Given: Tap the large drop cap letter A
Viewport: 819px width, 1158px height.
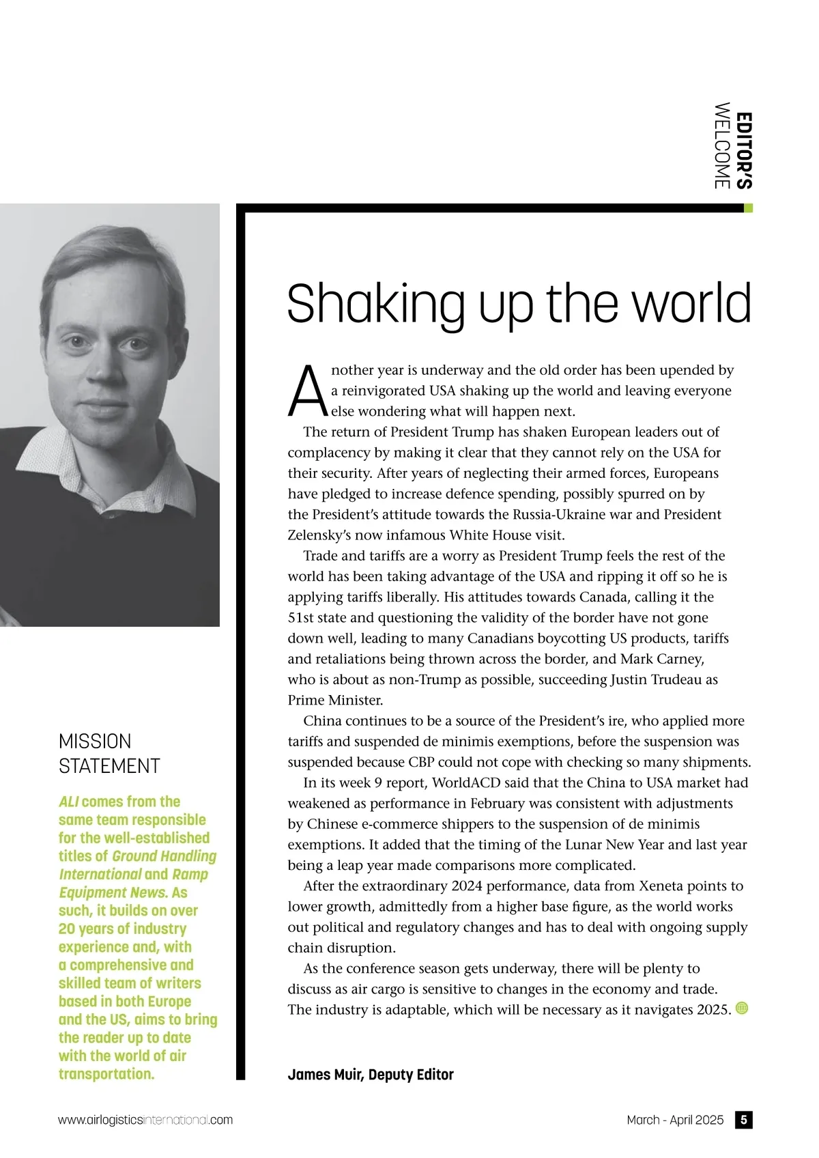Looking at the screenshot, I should tap(307, 391).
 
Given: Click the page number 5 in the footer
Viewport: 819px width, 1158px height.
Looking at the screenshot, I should tap(744, 1120).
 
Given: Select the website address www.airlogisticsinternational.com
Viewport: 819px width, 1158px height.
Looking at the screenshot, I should tap(145, 1120).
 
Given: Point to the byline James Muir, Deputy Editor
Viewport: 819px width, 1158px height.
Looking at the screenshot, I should tap(371, 1075).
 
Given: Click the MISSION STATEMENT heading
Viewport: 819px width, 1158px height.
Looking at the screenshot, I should tap(109, 753).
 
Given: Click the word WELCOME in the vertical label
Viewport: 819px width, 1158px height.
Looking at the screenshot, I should tap(722, 145).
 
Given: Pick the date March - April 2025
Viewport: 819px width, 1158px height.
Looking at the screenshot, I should tap(675, 1120).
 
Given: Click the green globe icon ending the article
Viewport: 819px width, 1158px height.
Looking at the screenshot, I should tap(742, 1008).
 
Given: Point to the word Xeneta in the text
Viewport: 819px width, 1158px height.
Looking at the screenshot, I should tap(665, 886).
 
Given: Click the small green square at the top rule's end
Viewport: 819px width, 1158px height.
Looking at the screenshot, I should tap(748, 208).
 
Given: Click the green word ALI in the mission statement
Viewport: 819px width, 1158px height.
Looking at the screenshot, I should tap(68, 802).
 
